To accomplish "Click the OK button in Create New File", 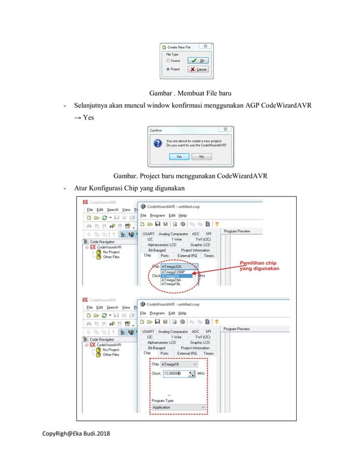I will [198, 60].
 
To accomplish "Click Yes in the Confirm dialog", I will [179, 156].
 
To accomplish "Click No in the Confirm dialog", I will [201, 156].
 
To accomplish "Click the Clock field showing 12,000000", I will [175, 373].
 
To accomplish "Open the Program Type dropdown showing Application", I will [178, 407].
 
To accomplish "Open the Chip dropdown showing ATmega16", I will [179, 364].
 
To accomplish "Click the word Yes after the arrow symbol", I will [87, 118].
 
